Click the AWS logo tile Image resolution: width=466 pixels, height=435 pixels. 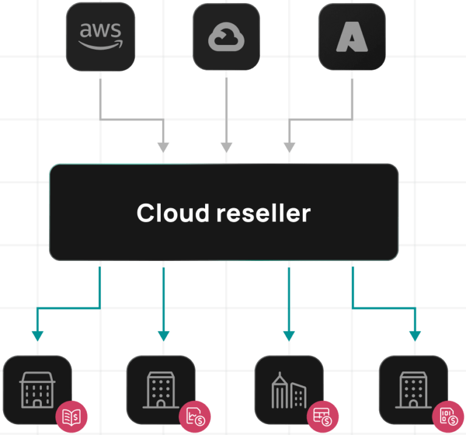pyautogui.click(x=101, y=36)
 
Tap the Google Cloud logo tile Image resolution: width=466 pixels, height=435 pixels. pyautogui.click(x=226, y=37)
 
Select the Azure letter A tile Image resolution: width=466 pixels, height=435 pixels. pyautogui.click(x=352, y=37)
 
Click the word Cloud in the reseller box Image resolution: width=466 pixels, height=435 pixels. pyautogui.click(x=173, y=213)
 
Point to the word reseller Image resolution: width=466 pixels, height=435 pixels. pyautogui.click(x=263, y=214)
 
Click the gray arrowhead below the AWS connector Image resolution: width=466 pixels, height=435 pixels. pyautogui.click(x=163, y=147)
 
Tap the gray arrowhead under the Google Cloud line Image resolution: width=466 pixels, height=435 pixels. pyautogui.click(x=226, y=147)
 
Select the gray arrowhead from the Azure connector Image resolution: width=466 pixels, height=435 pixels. pyautogui.click(x=289, y=147)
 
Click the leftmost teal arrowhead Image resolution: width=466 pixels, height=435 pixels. pyautogui.click(x=38, y=336)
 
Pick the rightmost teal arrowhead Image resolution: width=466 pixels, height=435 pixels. pyautogui.click(x=415, y=336)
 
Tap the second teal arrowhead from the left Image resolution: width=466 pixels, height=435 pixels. pyautogui.click(x=163, y=336)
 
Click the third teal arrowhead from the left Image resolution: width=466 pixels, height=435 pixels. pyautogui.click(x=289, y=336)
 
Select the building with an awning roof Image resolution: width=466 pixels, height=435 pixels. pyautogui.click(x=38, y=389)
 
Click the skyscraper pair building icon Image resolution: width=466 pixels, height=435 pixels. pyautogui.click(x=289, y=390)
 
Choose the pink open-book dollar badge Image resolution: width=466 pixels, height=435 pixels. pyautogui.click(x=72, y=417)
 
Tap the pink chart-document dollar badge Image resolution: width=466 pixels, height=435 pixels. pyautogui.click(x=195, y=417)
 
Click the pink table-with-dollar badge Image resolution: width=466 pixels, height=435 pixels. pyautogui.click(x=322, y=417)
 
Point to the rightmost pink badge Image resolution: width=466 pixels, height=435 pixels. pyautogui.click(x=448, y=417)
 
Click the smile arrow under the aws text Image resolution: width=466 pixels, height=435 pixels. pyautogui.click(x=101, y=45)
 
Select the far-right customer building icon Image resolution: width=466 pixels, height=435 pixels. pyautogui.click(x=413, y=390)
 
